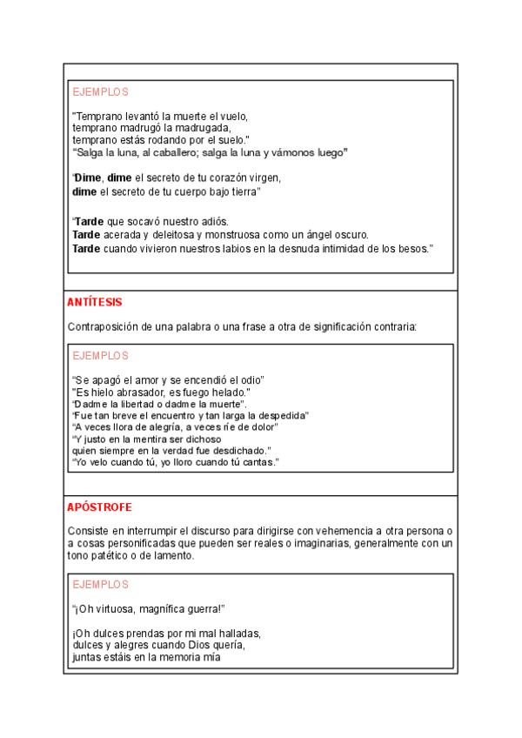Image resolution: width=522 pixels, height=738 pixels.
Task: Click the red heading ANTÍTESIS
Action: (x=94, y=302)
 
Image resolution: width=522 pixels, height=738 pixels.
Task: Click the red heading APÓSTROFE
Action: (x=99, y=507)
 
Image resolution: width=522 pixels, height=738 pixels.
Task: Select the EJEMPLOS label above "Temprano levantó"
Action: (x=100, y=91)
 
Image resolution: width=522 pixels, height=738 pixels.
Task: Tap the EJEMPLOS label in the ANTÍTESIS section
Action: (x=100, y=355)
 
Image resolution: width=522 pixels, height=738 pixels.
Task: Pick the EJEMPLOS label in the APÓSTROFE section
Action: (x=100, y=584)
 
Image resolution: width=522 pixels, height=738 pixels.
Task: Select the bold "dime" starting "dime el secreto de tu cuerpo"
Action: (x=84, y=191)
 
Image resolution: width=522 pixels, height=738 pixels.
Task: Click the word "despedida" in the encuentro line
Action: (x=283, y=415)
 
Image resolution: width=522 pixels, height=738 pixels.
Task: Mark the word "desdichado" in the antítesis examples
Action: (x=239, y=450)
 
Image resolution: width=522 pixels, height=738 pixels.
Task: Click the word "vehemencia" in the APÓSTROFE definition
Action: (x=333, y=529)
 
